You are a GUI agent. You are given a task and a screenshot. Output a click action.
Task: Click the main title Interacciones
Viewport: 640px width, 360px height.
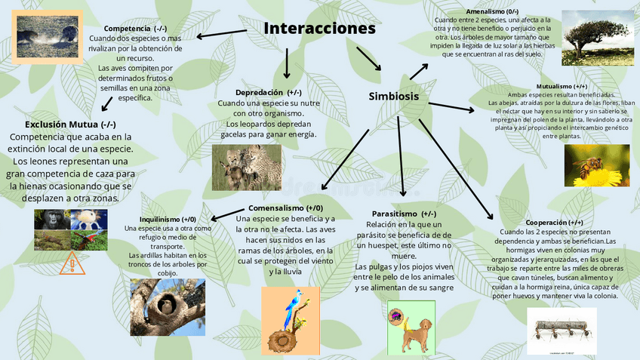[x=319, y=29]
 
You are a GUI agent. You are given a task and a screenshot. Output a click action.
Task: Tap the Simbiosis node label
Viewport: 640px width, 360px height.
[x=393, y=96]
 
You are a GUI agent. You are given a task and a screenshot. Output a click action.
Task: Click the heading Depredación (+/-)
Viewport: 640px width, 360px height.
[x=268, y=92]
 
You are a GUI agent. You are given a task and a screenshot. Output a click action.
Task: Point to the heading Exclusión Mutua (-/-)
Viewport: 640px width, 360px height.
[x=70, y=124]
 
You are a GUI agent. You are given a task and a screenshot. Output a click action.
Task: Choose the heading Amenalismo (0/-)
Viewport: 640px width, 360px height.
[x=492, y=11]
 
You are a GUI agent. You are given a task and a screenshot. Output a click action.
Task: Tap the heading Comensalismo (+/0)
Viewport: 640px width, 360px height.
[x=285, y=208]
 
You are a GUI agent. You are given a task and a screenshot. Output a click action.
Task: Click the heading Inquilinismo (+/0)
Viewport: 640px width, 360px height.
[x=168, y=218]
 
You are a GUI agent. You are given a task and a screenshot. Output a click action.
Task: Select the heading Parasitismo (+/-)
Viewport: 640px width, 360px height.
[x=404, y=214]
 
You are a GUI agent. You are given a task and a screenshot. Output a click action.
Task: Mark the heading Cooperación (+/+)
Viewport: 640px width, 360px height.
[x=554, y=222]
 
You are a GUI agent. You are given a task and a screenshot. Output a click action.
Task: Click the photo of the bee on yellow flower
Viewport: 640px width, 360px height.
[x=597, y=165]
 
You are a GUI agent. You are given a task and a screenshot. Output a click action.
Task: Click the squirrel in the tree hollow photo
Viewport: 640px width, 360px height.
[x=167, y=306]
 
